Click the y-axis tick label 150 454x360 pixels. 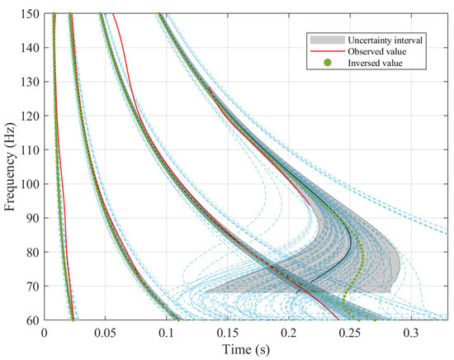pos(28,14)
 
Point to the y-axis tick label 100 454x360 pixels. pos(28,184)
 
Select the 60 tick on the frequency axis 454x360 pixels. pos(31,320)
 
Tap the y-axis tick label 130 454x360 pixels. pos(28,82)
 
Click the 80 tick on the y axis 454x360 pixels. pos(31,253)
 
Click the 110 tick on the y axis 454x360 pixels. pos(28,150)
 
